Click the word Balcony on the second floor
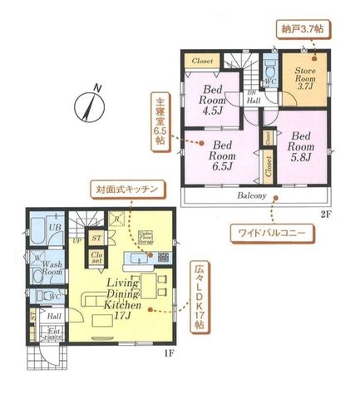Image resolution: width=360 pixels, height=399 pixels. point(249,196)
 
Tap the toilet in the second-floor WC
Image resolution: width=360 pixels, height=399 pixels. point(269,81)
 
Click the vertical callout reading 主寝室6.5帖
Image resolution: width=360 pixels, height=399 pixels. point(159,123)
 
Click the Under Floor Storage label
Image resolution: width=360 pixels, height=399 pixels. point(144,238)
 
